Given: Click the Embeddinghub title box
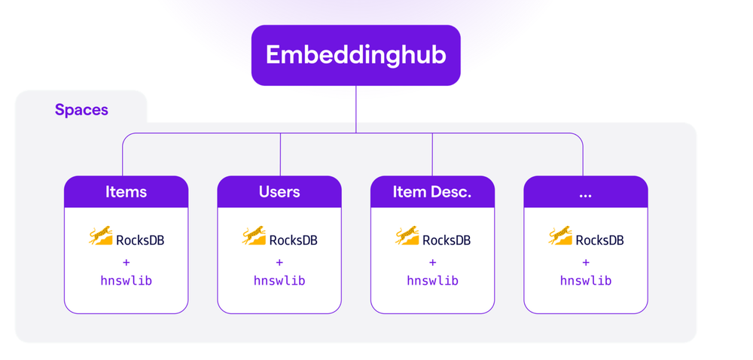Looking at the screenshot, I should coord(355,55).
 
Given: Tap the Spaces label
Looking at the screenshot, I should coord(81,110).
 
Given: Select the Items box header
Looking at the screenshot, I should coord(126,192).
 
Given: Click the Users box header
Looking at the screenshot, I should coord(279,192).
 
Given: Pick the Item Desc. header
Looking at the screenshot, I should coord(432,192).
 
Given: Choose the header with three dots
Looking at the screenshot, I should coord(586,192).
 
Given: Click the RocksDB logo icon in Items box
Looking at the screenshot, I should coord(101,236).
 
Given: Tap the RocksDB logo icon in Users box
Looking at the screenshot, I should coord(255,236).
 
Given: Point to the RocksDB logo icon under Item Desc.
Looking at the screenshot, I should coord(407,236).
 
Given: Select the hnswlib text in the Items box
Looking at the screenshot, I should coord(126,281).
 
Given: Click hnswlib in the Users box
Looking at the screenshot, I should coord(279,281).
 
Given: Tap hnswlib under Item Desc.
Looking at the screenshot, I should coord(432,281).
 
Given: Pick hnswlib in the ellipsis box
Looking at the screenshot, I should coord(586,281).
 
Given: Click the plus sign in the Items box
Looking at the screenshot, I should coord(126,262).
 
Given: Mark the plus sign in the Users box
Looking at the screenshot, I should coord(279,262).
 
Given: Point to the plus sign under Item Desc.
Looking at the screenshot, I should coord(432,262).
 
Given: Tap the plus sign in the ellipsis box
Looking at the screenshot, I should coord(586,262).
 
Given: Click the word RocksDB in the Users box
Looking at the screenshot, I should coord(294,240).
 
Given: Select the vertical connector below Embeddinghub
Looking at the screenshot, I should coord(356,109).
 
